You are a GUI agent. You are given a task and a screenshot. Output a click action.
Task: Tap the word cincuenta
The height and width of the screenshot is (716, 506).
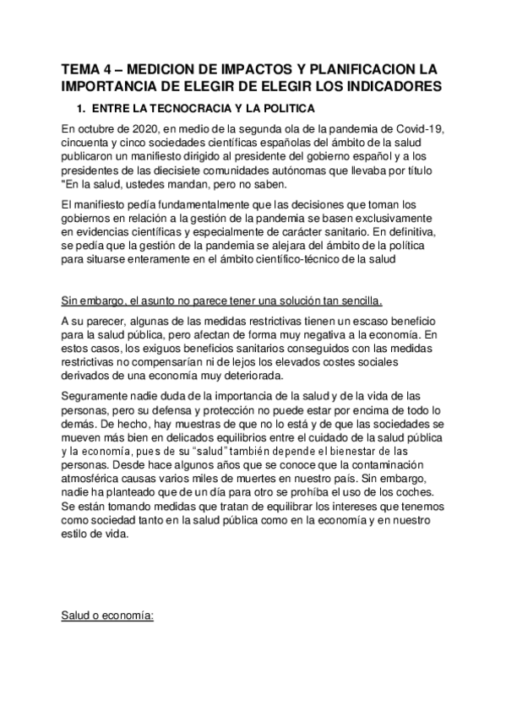[88, 143]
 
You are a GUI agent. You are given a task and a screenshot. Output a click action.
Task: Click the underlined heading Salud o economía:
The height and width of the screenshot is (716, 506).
[106, 616]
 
